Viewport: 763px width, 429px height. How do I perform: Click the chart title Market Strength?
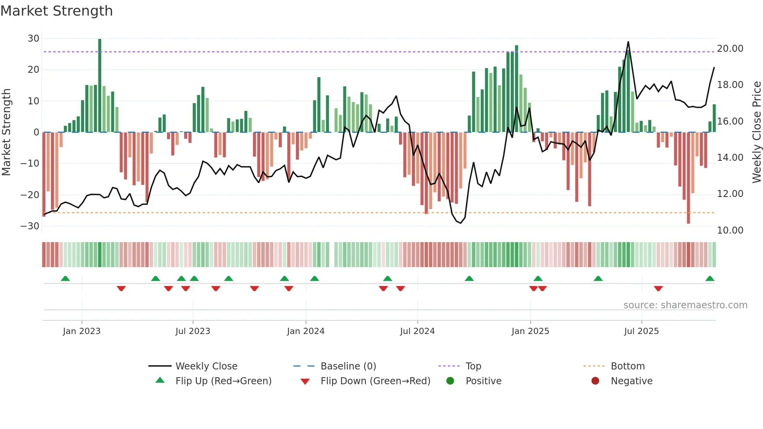[56, 11]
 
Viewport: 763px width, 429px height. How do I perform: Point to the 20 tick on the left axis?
[33, 70]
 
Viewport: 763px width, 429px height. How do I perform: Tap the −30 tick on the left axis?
[30, 226]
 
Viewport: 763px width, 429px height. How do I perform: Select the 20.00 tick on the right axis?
[730, 49]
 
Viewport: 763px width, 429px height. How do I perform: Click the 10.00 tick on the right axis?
[730, 230]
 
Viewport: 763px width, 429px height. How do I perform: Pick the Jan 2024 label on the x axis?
[306, 331]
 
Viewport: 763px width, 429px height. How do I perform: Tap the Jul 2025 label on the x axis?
[641, 331]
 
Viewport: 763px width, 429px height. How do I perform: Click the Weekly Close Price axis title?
[756, 132]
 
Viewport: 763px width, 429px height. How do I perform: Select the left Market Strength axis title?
[6, 132]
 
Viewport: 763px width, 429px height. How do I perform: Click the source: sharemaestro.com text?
[685, 305]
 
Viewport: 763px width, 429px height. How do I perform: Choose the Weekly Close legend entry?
[206, 366]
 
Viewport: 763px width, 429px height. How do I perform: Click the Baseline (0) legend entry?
[348, 366]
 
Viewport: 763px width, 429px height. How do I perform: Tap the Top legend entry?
[473, 366]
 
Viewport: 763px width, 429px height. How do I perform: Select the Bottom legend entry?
[628, 366]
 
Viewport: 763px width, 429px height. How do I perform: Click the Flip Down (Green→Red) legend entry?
[375, 381]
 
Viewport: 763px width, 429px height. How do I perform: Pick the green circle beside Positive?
[450, 381]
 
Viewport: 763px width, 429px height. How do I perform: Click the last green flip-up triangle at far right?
[710, 279]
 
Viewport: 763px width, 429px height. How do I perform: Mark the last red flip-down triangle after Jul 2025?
[658, 288]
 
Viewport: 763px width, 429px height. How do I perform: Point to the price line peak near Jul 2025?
[628, 42]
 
